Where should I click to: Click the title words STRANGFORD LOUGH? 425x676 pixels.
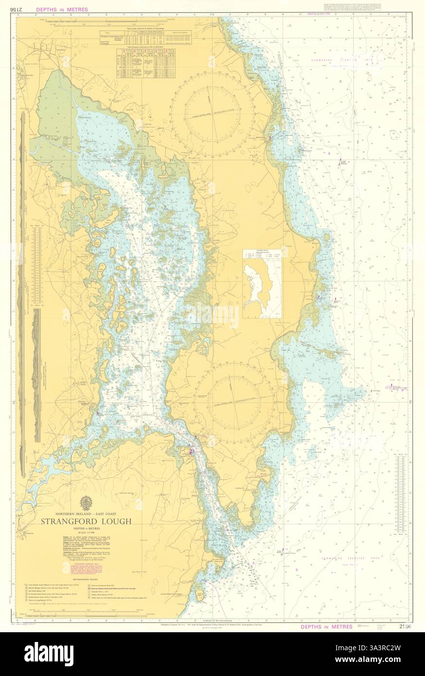click(x=86, y=521)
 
